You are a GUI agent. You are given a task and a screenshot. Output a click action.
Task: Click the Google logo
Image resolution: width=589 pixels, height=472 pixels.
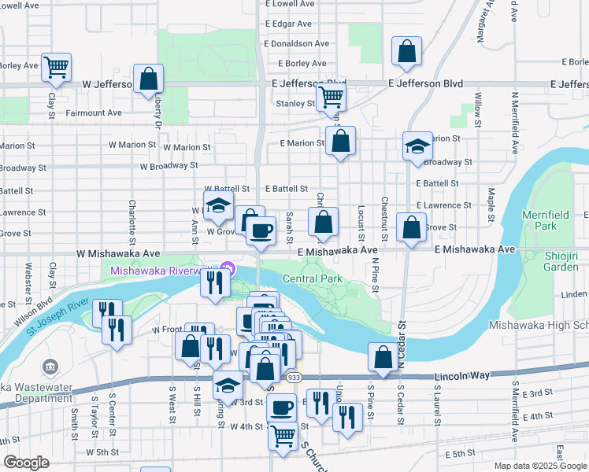point(26,463)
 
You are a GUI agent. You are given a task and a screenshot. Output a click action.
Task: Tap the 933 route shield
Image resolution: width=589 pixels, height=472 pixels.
point(292,378)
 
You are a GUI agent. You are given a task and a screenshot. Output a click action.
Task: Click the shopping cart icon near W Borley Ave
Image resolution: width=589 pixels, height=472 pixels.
point(56,68)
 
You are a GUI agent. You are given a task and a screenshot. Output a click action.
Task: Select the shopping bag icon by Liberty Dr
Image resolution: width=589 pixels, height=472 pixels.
point(148,79)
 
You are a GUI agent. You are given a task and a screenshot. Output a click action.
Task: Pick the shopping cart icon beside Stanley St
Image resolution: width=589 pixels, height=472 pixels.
point(332,98)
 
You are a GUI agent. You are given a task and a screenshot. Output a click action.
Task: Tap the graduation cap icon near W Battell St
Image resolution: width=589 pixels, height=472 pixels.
point(217,207)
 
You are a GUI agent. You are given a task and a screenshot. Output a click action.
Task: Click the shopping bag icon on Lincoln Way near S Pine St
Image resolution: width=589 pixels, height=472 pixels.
point(383,357)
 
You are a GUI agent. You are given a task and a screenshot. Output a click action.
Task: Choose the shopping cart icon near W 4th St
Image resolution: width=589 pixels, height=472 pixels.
point(283,435)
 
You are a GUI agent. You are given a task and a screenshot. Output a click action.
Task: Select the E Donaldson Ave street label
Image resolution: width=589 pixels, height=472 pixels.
point(297,44)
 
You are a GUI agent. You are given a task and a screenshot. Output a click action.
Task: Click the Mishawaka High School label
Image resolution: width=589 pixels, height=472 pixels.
point(539,324)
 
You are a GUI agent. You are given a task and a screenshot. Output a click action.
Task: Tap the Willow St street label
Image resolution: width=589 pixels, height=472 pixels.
point(477,104)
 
